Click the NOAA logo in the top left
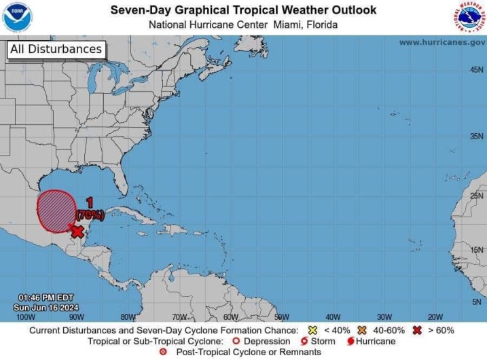pyautogui.click(x=17, y=17)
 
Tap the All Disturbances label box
pyautogui.click(x=56, y=49)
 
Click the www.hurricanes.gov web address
pyautogui.click(x=441, y=42)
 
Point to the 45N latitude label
pyautogui.click(x=477, y=70)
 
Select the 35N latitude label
pyautogui.click(x=477, y=136)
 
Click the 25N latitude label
pyautogui.click(x=477, y=196)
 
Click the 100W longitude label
pyautogui.click(x=25, y=317)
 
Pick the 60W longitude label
pyautogui.click(x=230, y=317)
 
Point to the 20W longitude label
pyautogui.click(x=435, y=317)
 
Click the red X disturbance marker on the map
pyautogui.click(x=77, y=232)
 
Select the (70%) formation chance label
pyautogui.click(x=90, y=215)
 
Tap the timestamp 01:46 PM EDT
pyautogui.click(x=46, y=298)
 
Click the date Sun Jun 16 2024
pyautogui.click(x=46, y=307)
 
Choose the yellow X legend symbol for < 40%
pyautogui.click(x=313, y=330)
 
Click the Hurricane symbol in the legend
pyautogui.click(x=350, y=341)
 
